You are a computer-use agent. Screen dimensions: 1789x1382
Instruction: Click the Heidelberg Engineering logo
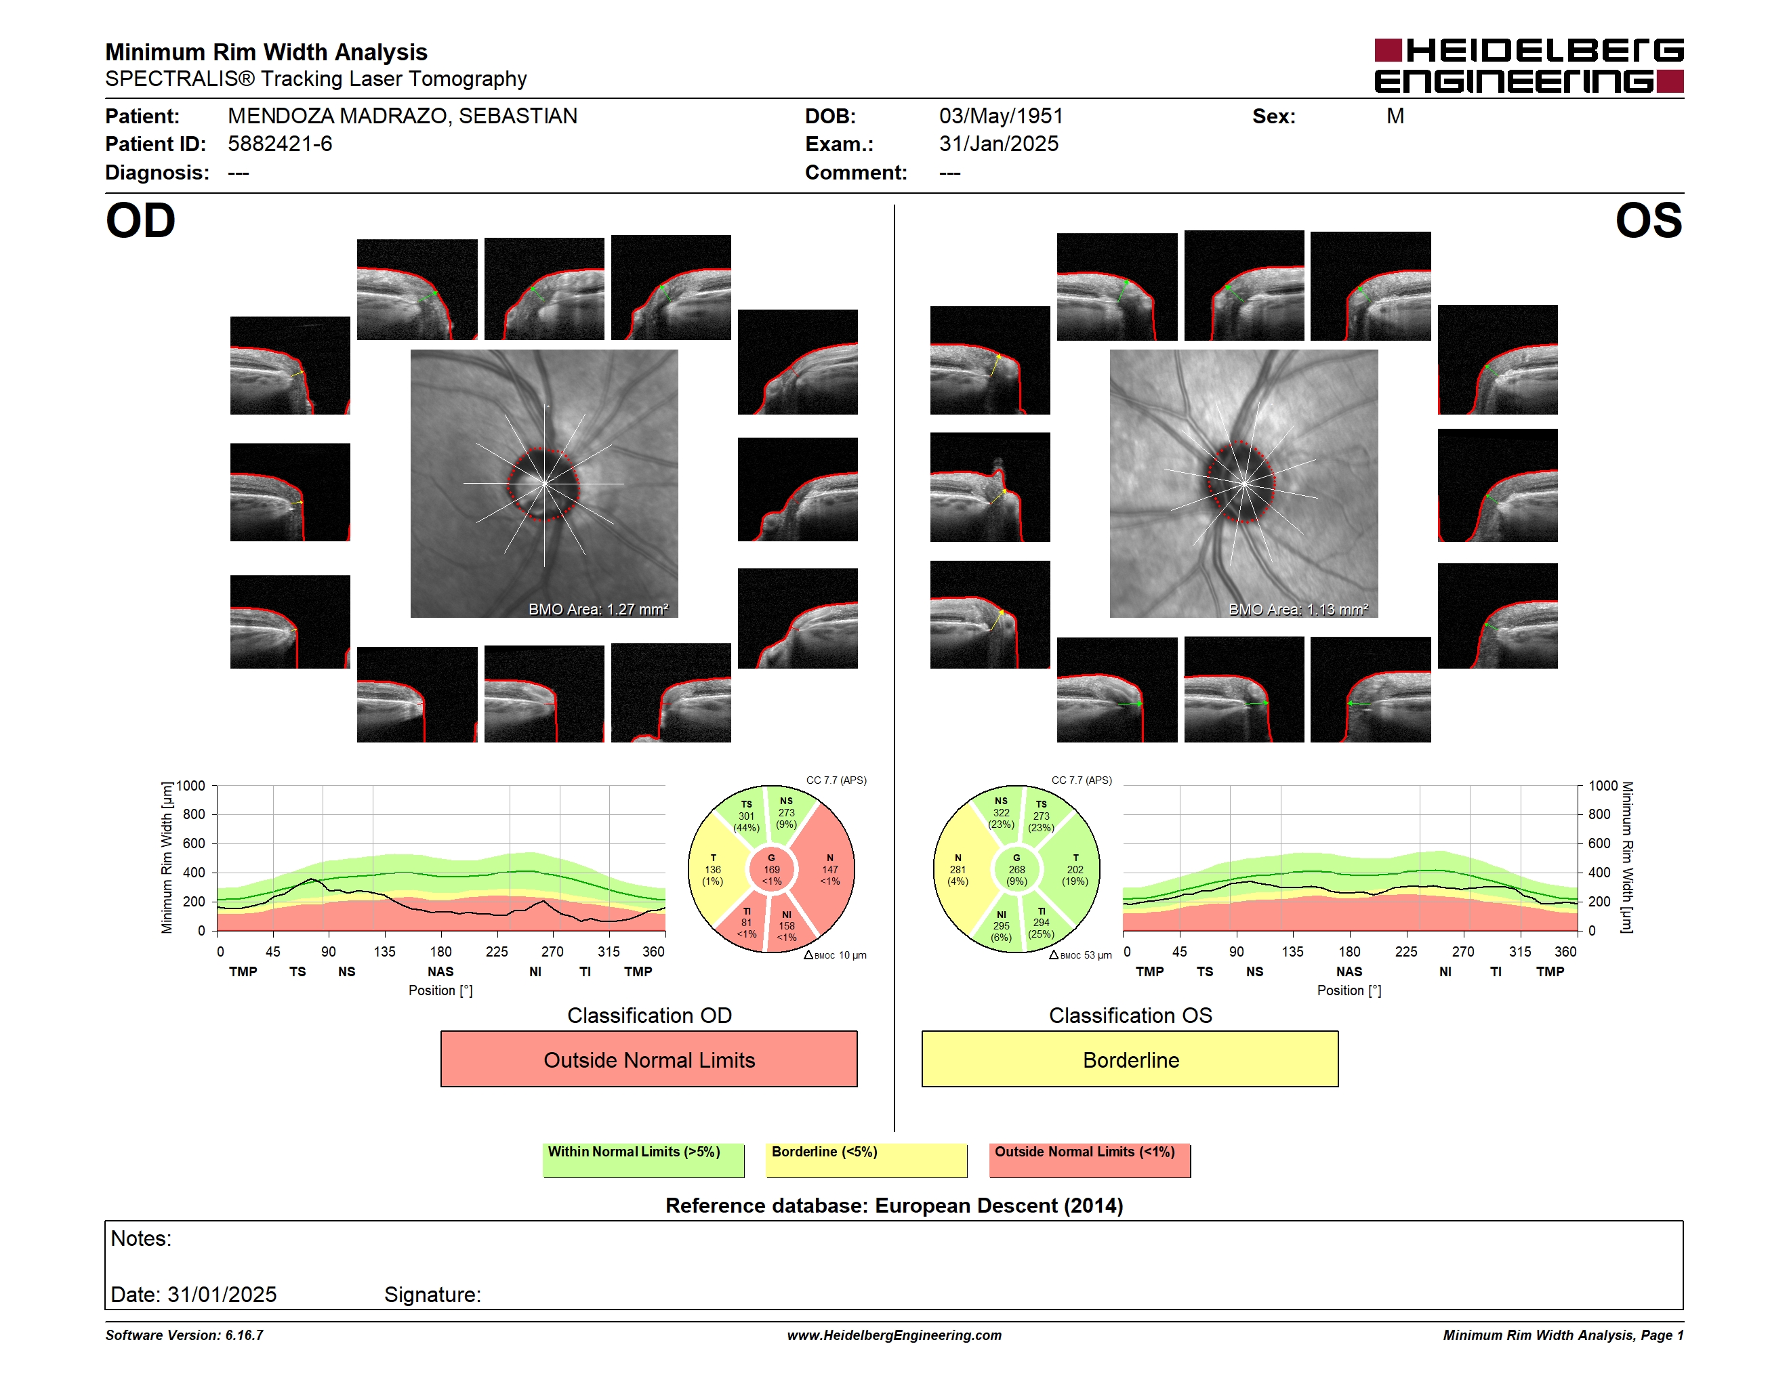1529,66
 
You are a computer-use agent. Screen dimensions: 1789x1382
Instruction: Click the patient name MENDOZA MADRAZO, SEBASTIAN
403,117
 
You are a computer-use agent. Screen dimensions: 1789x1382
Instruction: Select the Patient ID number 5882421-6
280,144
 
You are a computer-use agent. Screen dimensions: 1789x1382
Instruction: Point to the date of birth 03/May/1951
1001,117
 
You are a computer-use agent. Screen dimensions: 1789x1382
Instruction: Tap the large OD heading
141,221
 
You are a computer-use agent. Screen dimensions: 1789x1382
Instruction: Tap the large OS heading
1648,221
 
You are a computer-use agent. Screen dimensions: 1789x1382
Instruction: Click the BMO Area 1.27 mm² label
598,609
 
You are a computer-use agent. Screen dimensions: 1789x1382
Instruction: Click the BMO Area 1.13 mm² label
1298,609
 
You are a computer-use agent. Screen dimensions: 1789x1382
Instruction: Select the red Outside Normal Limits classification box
649,1059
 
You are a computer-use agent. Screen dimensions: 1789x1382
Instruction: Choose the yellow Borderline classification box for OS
1130,1059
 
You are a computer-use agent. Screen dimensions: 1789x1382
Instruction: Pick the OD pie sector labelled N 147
829,869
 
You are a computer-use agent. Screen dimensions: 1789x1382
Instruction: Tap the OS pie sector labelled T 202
1074,869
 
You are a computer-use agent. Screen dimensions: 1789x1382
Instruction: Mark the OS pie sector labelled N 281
958,869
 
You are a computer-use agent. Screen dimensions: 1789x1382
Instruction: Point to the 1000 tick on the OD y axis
191,786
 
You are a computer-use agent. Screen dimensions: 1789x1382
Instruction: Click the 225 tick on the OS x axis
1405,951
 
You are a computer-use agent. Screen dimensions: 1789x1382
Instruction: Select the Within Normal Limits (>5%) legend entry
643,1160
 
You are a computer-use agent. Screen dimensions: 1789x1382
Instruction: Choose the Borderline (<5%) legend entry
866,1160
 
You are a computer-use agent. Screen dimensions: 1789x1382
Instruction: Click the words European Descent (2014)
1000,1205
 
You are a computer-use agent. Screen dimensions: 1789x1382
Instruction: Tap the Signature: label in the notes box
432,1295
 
